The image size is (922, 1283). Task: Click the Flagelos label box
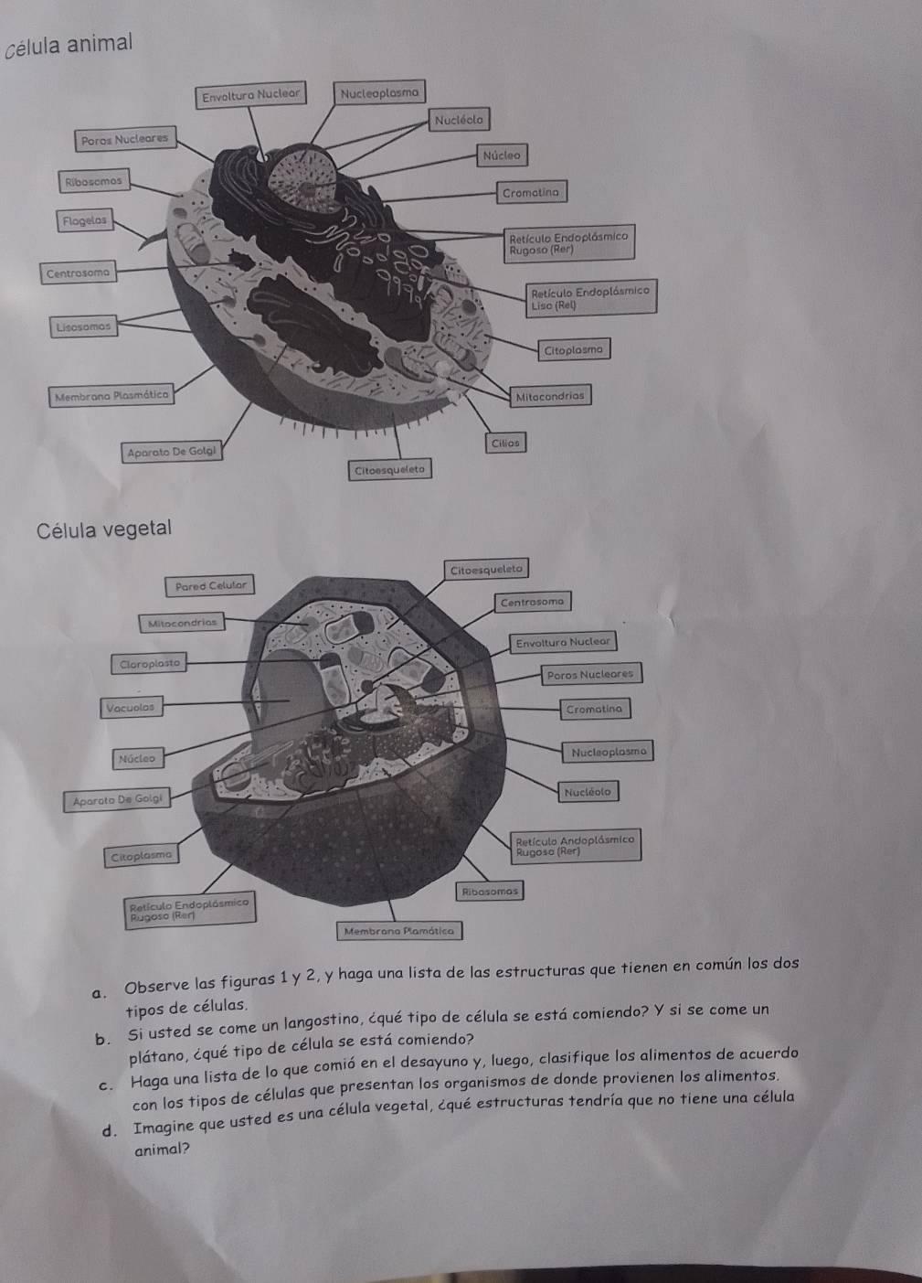click(85, 221)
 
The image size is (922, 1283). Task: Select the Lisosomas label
click(83, 327)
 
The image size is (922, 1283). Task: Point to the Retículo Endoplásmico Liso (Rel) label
click(590, 296)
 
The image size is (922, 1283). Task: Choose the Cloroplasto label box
click(149, 664)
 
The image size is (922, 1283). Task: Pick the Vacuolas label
click(131, 708)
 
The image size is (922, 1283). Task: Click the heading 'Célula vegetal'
click(103, 529)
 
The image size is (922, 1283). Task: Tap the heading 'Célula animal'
click(69, 45)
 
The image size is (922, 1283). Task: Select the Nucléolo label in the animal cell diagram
click(459, 121)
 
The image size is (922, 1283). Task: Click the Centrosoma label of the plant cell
click(532, 602)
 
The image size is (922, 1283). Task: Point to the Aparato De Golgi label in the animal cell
click(172, 452)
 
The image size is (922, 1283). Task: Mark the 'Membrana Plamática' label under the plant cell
click(399, 931)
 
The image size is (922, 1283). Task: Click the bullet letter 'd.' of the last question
click(109, 1131)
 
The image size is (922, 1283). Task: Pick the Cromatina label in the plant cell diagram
click(594, 709)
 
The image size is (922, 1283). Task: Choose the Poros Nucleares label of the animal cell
click(125, 139)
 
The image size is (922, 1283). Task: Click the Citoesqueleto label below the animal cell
click(390, 470)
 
